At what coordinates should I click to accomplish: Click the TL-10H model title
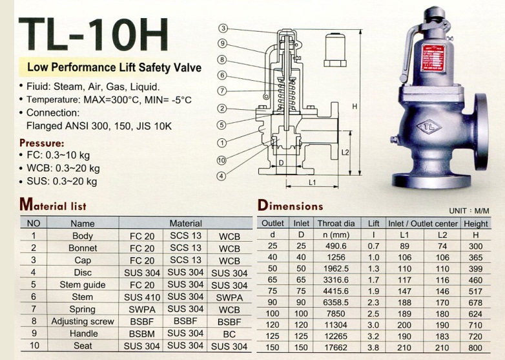[x=94, y=34]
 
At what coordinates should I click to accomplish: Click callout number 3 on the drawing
[x=223, y=28]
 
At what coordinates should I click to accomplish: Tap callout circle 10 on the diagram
[x=222, y=160]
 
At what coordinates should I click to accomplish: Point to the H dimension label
[x=355, y=107]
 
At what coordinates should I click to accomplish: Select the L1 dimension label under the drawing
[x=312, y=182]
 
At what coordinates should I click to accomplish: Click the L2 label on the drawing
[x=345, y=152]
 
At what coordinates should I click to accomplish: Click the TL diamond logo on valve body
[x=428, y=127]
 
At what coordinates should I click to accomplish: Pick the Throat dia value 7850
[x=336, y=313]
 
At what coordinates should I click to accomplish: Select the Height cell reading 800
[x=475, y=348]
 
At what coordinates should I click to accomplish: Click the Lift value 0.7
[x=373, y=246]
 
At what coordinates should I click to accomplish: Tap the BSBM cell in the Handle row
[x=141, y=334]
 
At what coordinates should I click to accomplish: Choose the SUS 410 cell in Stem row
[x=142, y=297]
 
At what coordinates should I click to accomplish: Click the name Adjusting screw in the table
[x=83, y=321]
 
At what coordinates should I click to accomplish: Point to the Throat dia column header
[x=336, y=224]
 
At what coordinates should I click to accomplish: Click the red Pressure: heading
[x=42, y=143]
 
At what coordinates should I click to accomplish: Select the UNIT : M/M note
[x=469, y=211]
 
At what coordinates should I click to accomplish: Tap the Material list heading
[x=53, y=204]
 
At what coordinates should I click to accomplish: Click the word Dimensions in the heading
[x=290, y=206]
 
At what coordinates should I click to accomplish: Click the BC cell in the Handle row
[x=229, y=334]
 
